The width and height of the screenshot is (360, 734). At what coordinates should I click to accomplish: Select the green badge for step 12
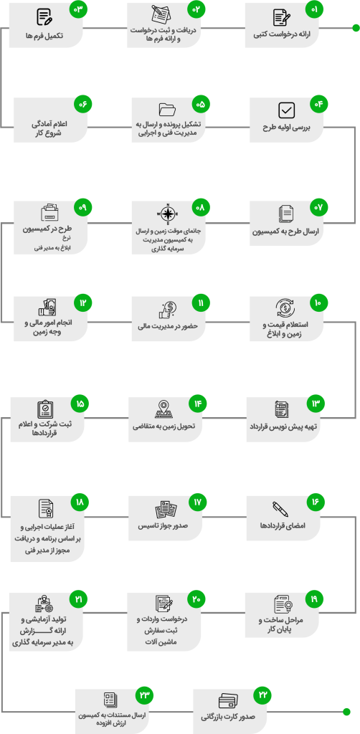(x=82, y=303)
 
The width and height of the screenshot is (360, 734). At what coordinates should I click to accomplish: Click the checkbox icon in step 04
(x=286, y=110)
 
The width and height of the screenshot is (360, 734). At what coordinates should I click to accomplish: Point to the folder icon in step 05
(x=167, y=110)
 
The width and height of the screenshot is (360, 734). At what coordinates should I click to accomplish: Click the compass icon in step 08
(x=169, y=214)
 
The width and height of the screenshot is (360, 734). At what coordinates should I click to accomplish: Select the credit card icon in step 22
(x=229, y=701)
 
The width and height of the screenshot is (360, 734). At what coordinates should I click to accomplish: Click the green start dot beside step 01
(x=356, y=28)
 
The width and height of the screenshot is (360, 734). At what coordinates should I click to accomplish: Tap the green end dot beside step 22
(x=346, y=712)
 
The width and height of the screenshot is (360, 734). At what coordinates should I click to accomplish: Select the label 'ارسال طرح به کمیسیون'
(x=285, y=232)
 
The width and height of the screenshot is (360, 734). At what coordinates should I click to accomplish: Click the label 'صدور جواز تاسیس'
(x=163, y=525)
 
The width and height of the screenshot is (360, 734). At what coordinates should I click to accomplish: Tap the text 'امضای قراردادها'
(x=283, y=525)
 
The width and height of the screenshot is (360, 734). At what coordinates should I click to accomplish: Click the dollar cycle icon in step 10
(x=285, y=308)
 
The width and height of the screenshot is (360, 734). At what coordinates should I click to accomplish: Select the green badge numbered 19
(x=314, y=599)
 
